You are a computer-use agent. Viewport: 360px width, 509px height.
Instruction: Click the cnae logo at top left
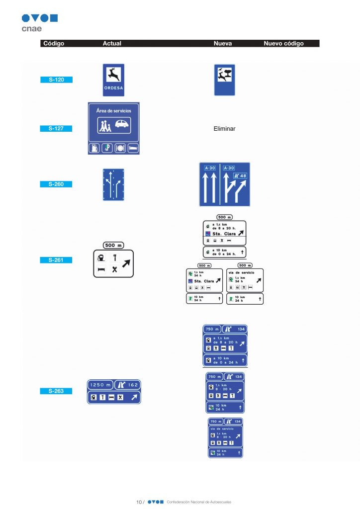[x=39, y=22]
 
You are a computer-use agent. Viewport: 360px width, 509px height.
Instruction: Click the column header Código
[x=54, y=44]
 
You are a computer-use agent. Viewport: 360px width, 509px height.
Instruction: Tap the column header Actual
[x=112, y=44]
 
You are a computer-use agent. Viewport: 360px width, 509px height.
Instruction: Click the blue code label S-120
[x=56, y=80]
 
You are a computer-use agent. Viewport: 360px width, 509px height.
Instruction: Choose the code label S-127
[x=56, y=129]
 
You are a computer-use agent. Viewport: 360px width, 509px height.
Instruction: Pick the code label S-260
[x=56, y=184]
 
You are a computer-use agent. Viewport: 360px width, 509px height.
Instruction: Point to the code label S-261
[x=56, y=260]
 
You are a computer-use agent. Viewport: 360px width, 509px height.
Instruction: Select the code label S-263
[x=56, y=391]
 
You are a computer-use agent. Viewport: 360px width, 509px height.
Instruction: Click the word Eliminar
[x=224, y=129]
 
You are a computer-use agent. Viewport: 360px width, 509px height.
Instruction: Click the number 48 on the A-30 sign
[x=242, y=176]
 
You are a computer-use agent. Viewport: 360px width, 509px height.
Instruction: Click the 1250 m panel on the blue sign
[x=100, y=385]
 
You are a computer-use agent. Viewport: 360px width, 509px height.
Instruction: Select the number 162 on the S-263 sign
[x=133, y=385]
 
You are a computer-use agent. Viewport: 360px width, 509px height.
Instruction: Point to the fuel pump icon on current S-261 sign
[x=101, y=258]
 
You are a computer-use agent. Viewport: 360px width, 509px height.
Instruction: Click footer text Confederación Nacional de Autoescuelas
[x=199, y=502]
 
